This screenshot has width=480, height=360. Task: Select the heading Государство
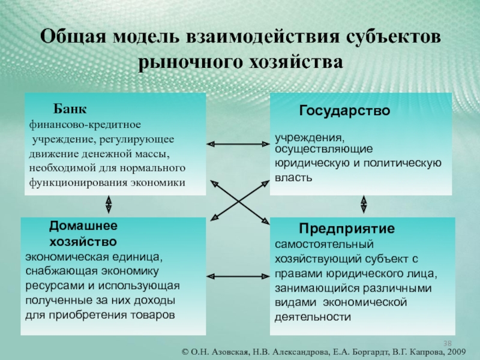345,111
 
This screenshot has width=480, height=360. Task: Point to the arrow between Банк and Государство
238,143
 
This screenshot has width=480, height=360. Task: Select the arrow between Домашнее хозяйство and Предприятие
238,277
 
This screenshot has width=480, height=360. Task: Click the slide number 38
448,343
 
